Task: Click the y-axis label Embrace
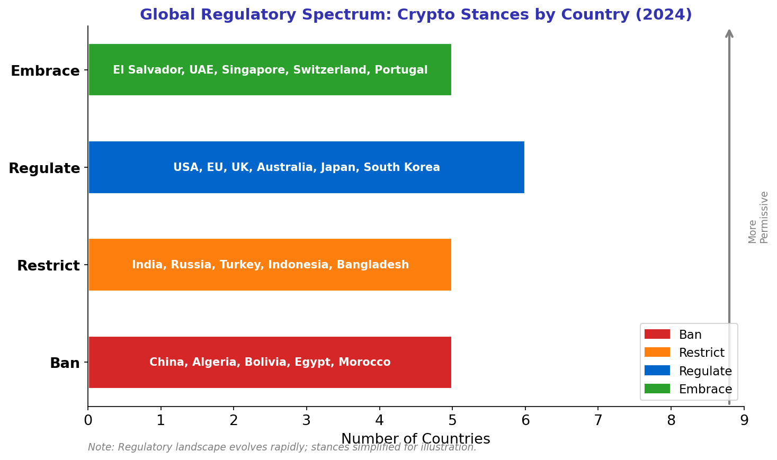tap(45, 70)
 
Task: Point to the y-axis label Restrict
tap(48, 265)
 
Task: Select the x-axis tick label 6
tap(525, 421)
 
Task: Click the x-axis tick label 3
tap(306, 421)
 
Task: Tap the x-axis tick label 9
tap(744, 421)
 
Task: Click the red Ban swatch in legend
tap(657, 335)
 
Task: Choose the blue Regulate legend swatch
tap(657, 371)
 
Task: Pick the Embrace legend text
tap(705, 390)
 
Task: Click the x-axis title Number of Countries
tap(415, 439)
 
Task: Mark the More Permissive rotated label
tap(758, 217)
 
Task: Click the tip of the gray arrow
tap(729, 31)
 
